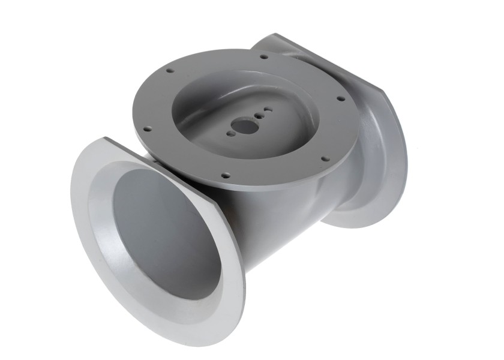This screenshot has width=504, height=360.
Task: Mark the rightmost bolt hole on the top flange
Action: (x=340, y=98)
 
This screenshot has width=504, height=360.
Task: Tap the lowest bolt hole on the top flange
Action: (x=226, y=176)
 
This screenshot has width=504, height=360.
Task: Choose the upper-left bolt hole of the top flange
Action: (x=170, y=70)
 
